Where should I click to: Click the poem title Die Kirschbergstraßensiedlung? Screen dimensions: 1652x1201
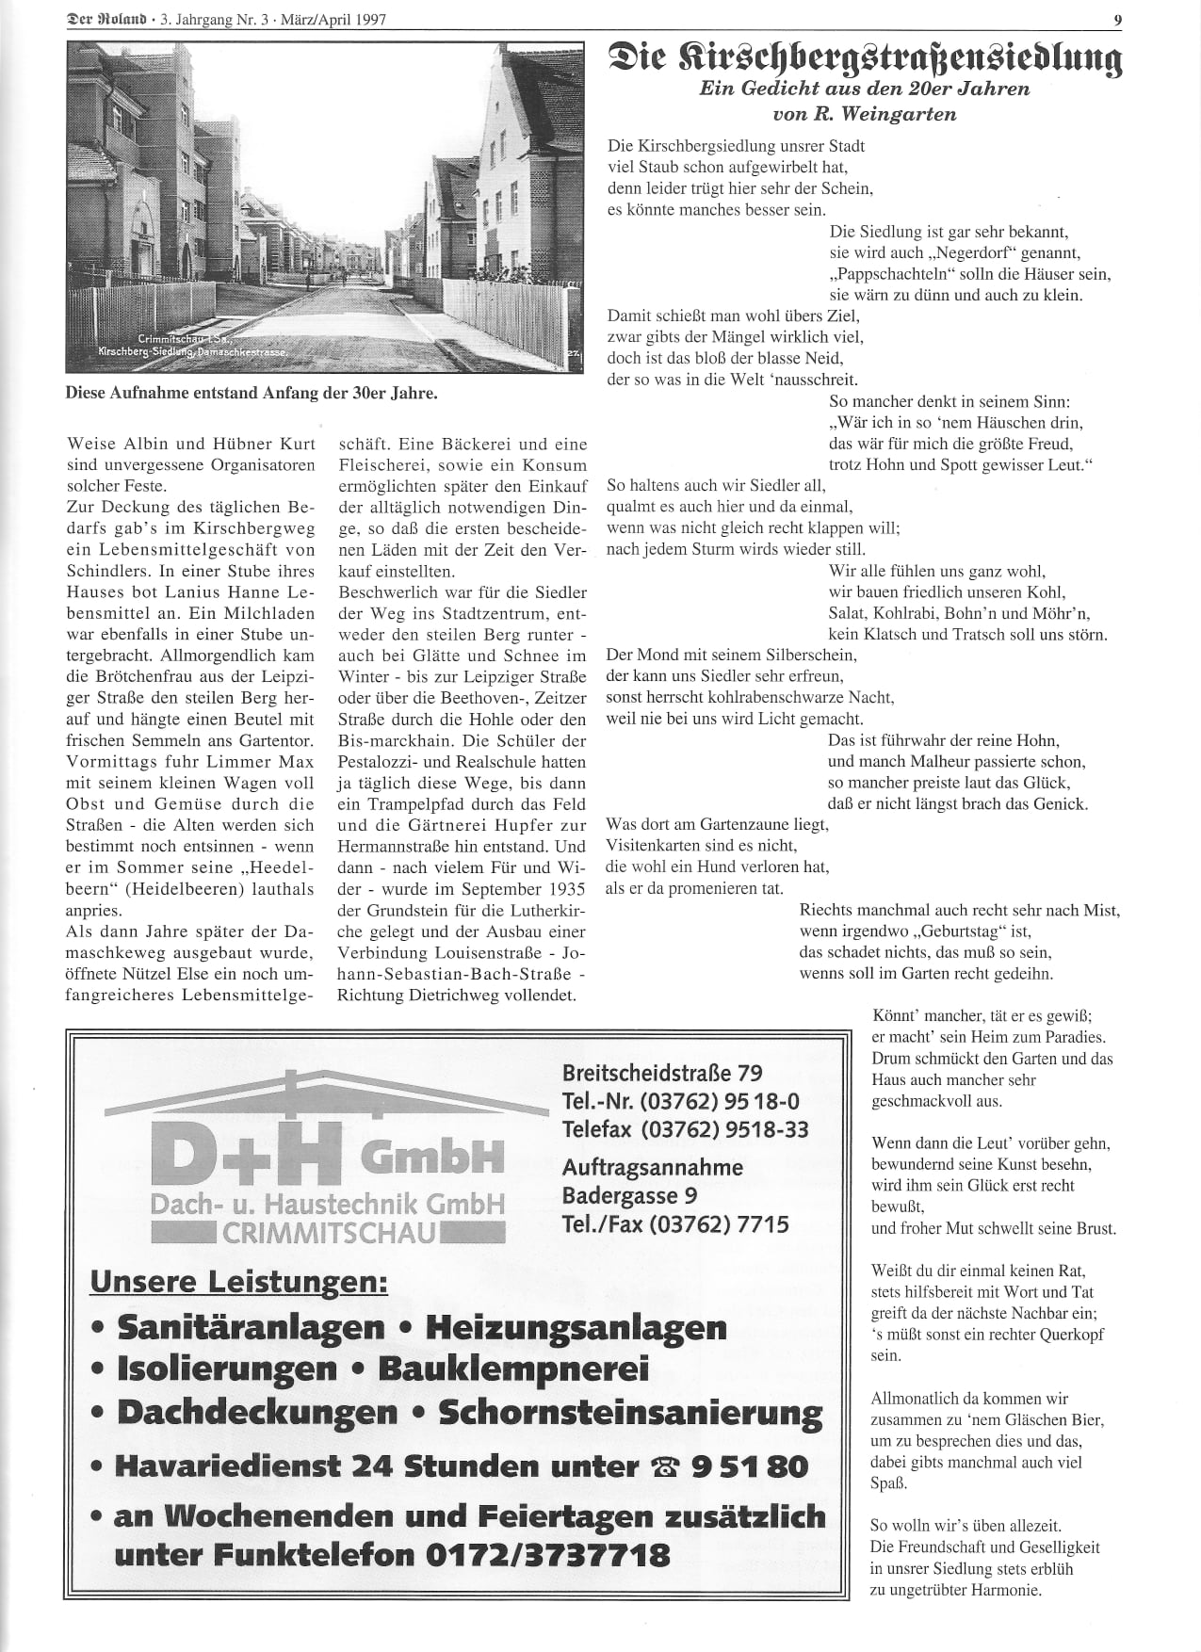865,57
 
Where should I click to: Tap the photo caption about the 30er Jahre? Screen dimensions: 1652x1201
252,393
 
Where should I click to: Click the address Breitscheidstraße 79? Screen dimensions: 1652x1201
662,1072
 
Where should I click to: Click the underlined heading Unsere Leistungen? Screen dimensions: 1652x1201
238,1282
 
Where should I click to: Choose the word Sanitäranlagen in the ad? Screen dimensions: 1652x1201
252,1327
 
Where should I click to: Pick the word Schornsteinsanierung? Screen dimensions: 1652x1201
630,1413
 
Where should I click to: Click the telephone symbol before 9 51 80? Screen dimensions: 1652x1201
666,1466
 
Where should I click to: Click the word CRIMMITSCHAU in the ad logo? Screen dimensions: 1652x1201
330,1232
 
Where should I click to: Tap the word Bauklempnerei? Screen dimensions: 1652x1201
513,1369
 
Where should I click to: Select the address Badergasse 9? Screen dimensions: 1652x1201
629,1195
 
